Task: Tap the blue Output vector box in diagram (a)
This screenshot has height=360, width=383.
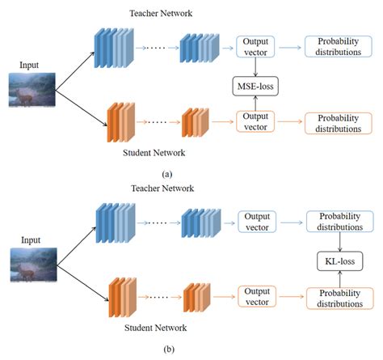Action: (256, 46)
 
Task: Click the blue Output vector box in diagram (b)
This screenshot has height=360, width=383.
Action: (256, 222)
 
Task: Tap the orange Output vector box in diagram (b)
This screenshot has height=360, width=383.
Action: (256, 299)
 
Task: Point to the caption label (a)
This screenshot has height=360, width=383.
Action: (166, 172)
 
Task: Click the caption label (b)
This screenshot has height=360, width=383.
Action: (166, 349)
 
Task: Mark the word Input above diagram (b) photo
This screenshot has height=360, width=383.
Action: (32, 240)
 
